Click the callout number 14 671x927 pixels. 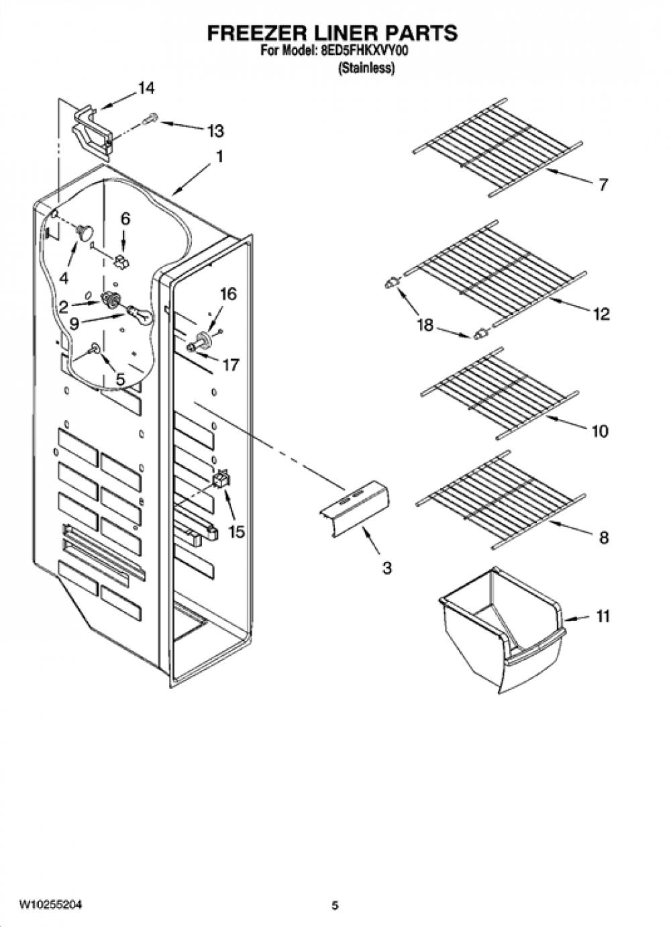[146, 88]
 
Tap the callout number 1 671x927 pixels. [219, 156]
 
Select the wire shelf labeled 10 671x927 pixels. [499, 394]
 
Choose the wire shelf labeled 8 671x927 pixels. [499, 500]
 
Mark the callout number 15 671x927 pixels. [237, 532]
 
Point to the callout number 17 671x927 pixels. [230, 364]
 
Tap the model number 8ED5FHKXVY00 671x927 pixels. [362, 51]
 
